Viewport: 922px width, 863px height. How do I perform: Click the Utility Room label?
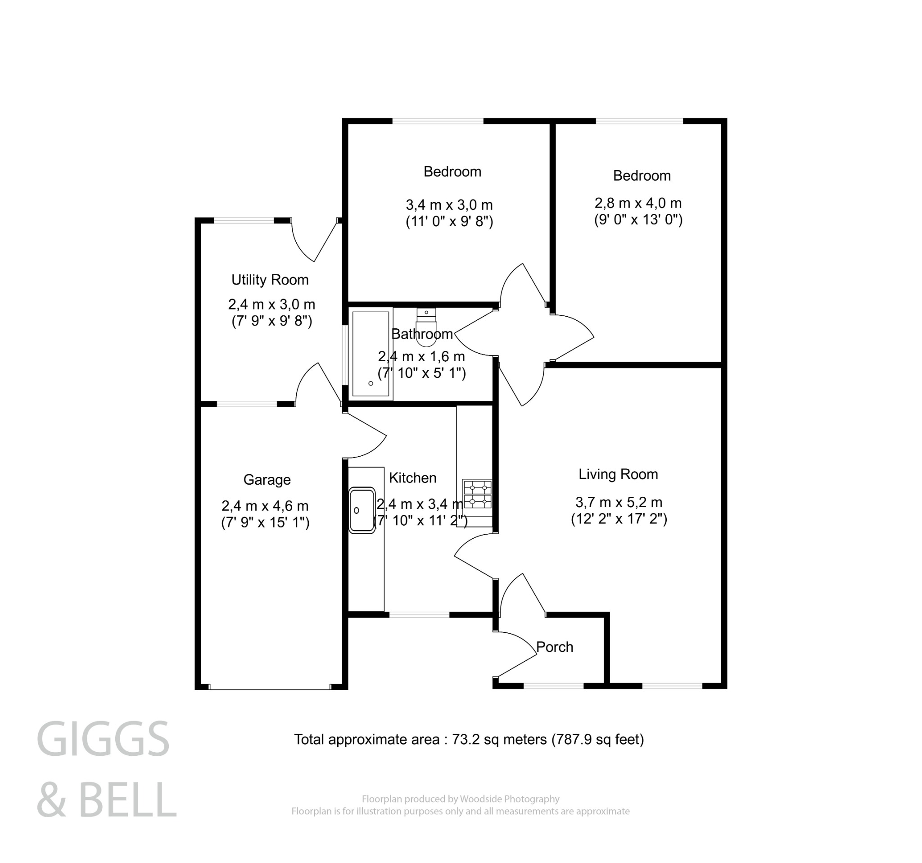270,280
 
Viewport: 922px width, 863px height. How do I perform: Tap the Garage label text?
267,480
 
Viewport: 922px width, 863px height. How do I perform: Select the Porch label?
554,647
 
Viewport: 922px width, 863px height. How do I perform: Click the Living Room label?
618,474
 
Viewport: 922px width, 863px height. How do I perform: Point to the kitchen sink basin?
362,510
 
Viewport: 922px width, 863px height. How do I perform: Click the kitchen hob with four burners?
477,494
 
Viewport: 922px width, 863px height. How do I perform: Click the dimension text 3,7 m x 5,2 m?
619,502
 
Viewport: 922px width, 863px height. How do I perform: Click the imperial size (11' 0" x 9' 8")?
449,221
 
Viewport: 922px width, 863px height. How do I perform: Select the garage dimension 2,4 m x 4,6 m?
265,506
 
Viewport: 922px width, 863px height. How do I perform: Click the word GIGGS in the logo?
103,739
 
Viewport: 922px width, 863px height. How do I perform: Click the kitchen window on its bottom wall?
419,615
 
